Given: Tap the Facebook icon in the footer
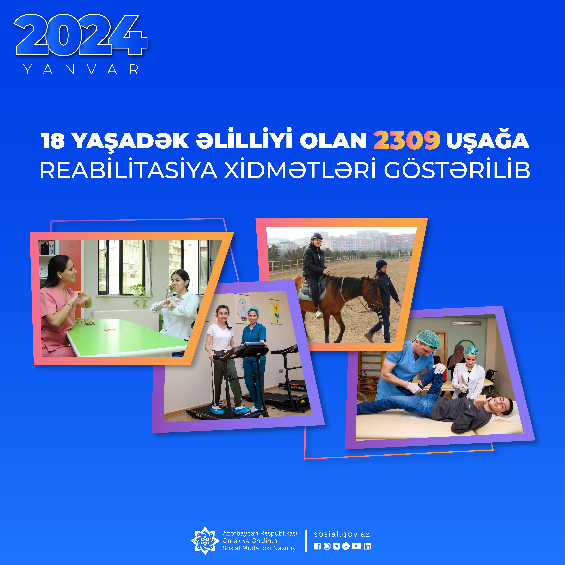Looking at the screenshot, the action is [317, 546].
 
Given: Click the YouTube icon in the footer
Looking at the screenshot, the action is [356, 546].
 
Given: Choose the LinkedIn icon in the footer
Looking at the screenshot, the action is [367, 546].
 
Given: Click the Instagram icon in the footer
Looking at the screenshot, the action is [327, 546].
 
